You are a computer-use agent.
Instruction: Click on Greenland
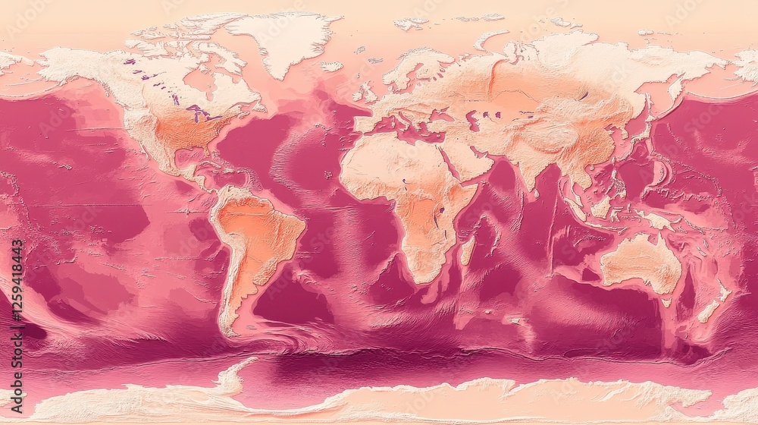tap(284, 38)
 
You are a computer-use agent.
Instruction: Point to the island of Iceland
tap(331, 67)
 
